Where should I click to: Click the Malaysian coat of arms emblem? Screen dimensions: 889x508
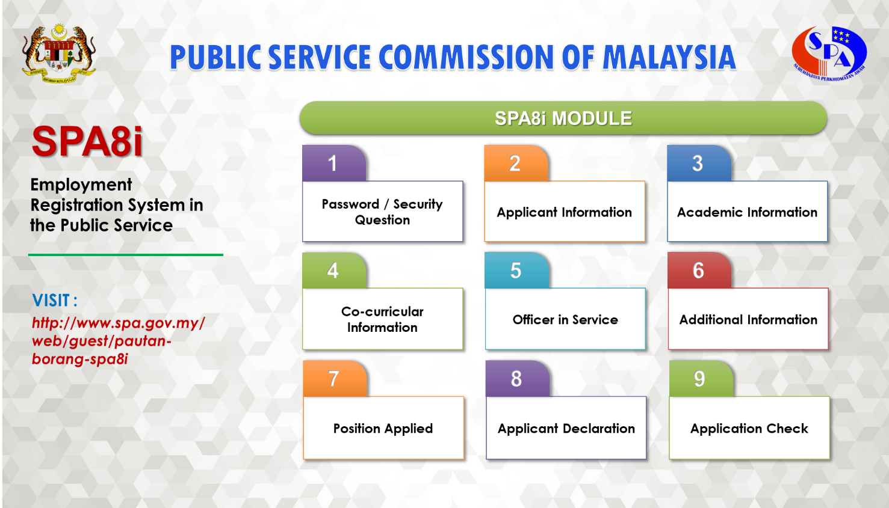(59, 54)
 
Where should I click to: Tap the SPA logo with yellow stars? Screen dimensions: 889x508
(829, 54)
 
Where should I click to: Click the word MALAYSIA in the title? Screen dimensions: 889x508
(669, 58)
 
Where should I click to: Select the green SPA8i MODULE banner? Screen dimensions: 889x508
(563, 118)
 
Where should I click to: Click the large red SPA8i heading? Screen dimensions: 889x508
(87, 141)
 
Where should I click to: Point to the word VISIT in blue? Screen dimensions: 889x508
(51, 301)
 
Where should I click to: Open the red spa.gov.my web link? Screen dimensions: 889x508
(118, 341)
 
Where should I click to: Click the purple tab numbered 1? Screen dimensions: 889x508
(334, 164)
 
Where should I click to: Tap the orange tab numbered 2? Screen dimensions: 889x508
(516, 164)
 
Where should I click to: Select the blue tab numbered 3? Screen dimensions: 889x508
(699, 164)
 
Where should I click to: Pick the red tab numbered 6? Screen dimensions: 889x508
(699, 271)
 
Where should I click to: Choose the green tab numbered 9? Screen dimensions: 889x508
(701, 378)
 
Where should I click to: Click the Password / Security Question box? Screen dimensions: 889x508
(383, 212)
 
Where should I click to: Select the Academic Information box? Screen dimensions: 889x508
(748, 212)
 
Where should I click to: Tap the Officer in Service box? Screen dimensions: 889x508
(565, 319)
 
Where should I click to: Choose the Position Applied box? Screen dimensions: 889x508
(383, 428)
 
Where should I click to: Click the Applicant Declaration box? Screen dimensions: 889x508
(566, 428)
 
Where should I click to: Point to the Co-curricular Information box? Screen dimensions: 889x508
(383, 319)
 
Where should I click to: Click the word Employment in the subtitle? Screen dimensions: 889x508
(81, 185)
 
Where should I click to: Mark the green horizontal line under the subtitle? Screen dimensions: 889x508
(125, 255)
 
